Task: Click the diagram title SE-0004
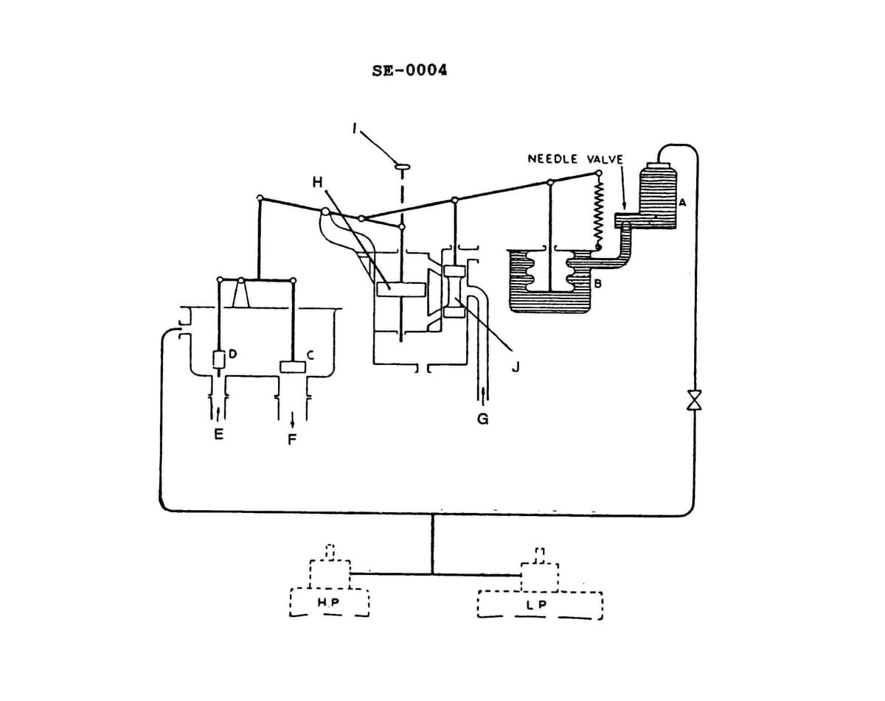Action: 410,71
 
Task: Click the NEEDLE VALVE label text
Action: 575,159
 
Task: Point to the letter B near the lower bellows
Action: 597,282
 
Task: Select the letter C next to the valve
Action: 310,355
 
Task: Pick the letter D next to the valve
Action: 232,355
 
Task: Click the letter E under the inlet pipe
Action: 218,435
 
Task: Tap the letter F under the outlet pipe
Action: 293,440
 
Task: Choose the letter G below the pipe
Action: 483,419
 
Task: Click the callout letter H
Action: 317,182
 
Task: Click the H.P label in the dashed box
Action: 327,603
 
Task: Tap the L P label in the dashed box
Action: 537,605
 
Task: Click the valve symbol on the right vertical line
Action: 694,400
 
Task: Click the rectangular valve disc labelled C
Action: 293,366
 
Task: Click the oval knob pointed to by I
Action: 402,167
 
